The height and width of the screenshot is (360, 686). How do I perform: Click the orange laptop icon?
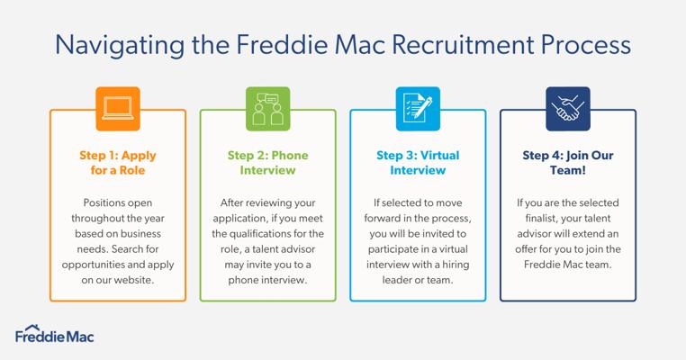tap(118, 109)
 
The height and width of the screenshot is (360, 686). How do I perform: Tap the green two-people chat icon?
tap(267, 109)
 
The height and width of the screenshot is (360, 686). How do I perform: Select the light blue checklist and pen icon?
tap(418, 109)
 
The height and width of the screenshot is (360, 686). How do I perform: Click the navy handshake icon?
tap(568, 109)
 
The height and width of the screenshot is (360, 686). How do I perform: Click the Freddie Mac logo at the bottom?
tap(55, 334)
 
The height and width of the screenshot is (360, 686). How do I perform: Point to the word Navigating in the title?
tap(120, 46)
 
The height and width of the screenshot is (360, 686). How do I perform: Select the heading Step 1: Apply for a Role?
tap(118, 163)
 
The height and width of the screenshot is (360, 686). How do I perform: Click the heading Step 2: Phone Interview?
tap(267, 163)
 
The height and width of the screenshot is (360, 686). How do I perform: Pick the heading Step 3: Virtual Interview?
tap(418, 163)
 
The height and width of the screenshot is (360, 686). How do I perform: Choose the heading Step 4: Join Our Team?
tap(568, 163)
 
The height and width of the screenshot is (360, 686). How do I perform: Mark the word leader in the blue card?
tap(396, 280)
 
